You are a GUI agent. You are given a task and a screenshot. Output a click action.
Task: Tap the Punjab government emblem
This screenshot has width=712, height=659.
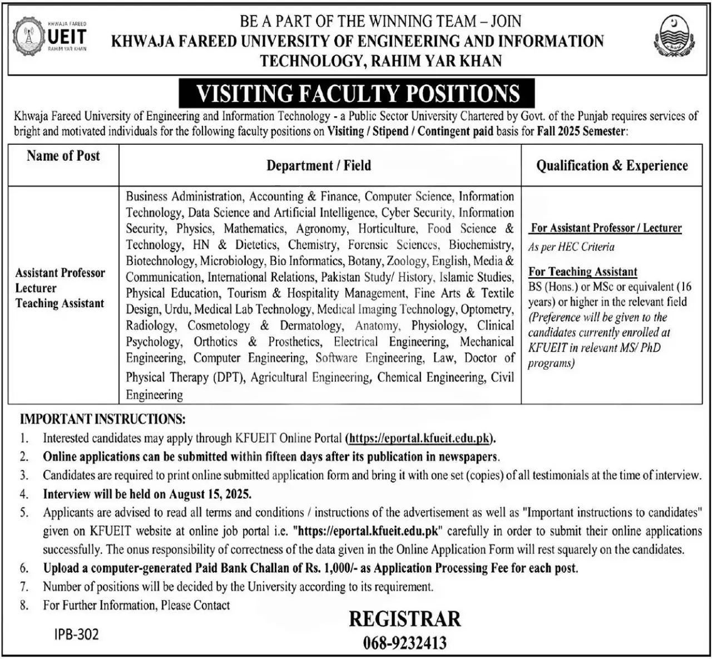pyautogui.click(x=674, y=38)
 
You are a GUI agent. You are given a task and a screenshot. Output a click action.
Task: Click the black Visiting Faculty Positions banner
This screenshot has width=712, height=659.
pyautogui.click(x=357, y=94)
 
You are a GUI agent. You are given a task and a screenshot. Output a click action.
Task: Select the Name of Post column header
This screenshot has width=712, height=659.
pyautogui.click(x=63, y=156)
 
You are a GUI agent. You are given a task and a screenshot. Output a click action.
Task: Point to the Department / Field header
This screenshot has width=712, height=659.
pyautogui.click(x=319, y=165)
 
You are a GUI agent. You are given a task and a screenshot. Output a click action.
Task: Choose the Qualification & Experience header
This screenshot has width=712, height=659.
pyautogui.click(x=612, y=166)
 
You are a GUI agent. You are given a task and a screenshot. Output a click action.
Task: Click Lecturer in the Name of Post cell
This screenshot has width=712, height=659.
pyautogui.click(x=36, y=288)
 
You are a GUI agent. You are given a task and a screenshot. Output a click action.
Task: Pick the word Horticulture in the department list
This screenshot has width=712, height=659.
pyautogui.click(x=387, y=229)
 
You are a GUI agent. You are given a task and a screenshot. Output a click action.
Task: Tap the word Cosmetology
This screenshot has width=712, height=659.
pyautogui.click(x=219, y=326)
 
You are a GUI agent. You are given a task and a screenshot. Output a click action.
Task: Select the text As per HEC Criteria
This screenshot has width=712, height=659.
pyautogui.click(x=571, y=247)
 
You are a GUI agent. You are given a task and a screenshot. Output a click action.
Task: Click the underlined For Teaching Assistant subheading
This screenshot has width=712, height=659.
pyautogui.click(x=583, y=272)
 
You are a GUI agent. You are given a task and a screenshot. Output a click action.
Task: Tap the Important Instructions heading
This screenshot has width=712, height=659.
pyautogui.click(x=103, y=419)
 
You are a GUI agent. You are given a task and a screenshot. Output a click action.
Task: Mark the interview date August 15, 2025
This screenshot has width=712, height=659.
pyautogui.click(x=210, y=494)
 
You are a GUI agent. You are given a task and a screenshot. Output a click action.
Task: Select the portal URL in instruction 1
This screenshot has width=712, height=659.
pyautogui.click(x=421, y=438)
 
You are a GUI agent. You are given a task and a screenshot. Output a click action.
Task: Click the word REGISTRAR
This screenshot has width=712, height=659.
pyautogui.click(x=405, y=619)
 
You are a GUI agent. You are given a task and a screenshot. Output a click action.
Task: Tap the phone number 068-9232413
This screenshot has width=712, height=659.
pyautogui.click(x=405, y=643)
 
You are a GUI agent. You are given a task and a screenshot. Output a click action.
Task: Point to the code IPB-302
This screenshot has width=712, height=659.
pyautogui.click(x=77, y=635)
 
